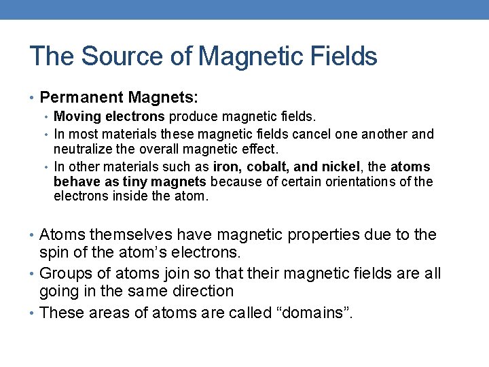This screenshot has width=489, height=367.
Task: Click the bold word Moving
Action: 75,118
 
